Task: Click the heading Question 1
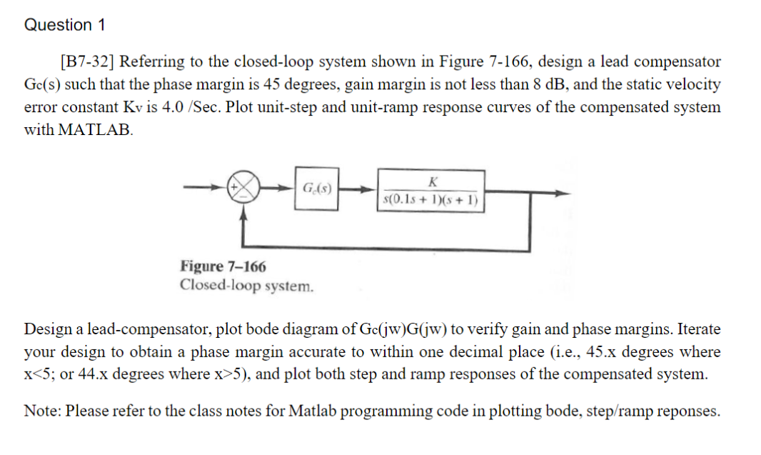coord(65,25)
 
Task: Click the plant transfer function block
coord(431,190)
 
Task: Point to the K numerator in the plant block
coord(430,181)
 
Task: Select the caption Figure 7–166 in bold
coord(223,266)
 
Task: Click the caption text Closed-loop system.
coord(246,286)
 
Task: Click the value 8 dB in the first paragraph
coord(548,84)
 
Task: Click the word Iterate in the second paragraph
coord(698,329)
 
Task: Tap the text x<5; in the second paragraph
coord(41,374)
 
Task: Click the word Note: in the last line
coord(42,411)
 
